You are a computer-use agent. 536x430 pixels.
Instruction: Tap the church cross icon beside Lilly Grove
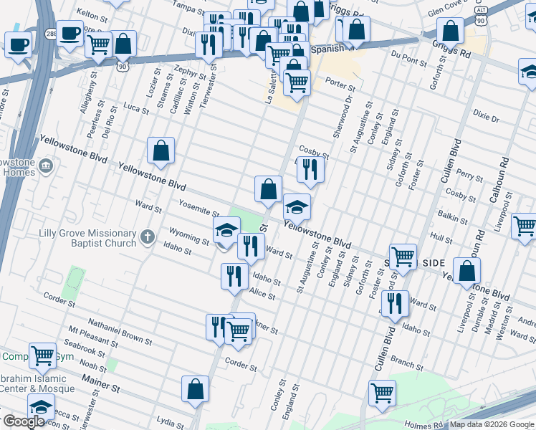pos(147,236)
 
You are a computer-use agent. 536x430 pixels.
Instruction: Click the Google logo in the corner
pos(24,421)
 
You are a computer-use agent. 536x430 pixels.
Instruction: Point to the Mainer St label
pos(100,383)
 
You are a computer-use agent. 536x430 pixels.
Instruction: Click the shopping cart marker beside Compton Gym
pos(42,355)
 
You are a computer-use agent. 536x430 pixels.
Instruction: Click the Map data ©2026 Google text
pos(492,424)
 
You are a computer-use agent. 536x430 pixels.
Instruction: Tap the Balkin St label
pos(451,214)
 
